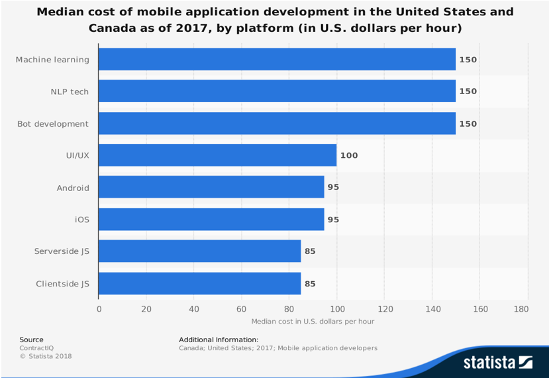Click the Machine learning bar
[x=277, y=60]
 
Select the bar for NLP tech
[x=277, y=92]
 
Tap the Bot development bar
[x=277, y=123]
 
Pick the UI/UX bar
[x=217, y=155]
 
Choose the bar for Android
[x=211, y=187]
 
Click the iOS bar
[x=211, y=220]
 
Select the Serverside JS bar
[x=199, y=251]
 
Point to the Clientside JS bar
[x=199, y=284]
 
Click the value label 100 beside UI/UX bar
[x=348, y=156]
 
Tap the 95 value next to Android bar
[x=333, y=188]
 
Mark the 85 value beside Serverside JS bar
[x=310, y=251]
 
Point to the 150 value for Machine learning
[x=468, y=60]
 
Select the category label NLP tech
[x=70, y=92]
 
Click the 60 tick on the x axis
[x=242, y=308]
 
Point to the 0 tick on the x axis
[x=99, y=308]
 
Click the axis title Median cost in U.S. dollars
[x=313, y=322]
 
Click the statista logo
[x=497, y=362]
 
